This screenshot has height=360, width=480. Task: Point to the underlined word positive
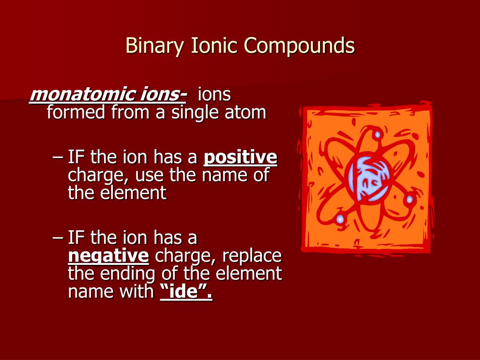click(240, 158)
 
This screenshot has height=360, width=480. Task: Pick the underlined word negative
click(109, 256)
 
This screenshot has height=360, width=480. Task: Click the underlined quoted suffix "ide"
click(186, 292)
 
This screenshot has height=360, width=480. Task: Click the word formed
click(76, 113)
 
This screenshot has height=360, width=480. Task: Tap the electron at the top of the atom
click(377, 135)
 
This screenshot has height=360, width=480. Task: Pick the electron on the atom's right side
click(409, 199)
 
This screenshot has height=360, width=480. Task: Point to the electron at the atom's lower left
click(340, 219)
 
